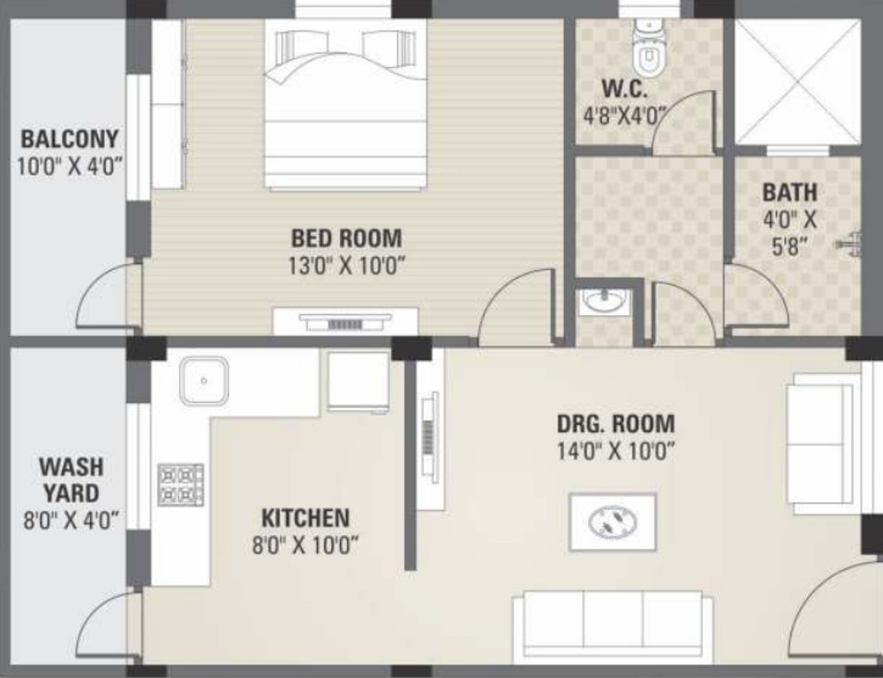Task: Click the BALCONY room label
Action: coord(70,139)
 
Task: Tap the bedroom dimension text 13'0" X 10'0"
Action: coord(346,265)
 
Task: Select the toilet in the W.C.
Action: coord(648,53)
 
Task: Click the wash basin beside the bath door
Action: coord(606,303)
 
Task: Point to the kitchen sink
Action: coord(204,380)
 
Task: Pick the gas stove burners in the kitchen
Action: coord(180,485)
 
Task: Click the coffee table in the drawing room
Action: coord(612,522)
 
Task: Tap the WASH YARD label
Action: coord(71,478)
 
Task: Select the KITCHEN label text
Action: coord(306,517)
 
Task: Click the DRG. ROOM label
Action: coord(615,424)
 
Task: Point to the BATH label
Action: coord(789,192)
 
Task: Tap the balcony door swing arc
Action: coord(106,296)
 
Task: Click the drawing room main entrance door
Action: coord(834,609)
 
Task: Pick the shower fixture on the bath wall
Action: coord(850,240)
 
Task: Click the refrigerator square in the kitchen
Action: coord(358,381)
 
